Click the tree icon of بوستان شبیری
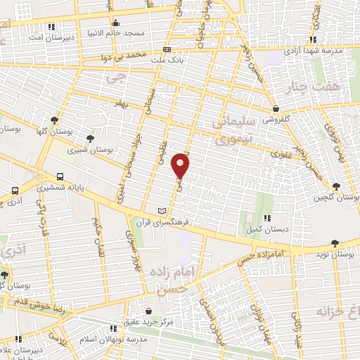coord(89,139)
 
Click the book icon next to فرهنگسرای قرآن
coord(163,211)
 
